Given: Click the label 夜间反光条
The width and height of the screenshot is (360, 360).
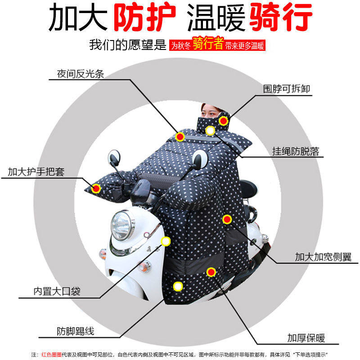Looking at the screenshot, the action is coord(81,74).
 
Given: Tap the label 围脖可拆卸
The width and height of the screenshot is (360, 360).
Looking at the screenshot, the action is coord(287,89).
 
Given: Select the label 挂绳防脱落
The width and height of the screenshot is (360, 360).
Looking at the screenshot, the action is coord(296,151).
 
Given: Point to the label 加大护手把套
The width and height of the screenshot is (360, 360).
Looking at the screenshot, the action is coord(36,172).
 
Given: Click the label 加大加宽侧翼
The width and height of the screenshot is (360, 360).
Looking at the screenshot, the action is coord(323,257).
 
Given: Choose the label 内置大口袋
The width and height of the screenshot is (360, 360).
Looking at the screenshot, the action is coord(57,291).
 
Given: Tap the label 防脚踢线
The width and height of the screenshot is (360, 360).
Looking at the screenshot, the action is coord(76,331).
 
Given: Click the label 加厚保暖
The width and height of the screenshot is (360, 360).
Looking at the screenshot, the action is coord(306,338).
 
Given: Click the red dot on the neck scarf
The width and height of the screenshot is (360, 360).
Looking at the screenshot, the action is coord(223,121).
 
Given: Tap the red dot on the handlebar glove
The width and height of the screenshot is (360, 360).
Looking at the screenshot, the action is coord(96,189).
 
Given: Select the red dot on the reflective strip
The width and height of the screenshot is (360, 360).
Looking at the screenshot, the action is coord(180,137).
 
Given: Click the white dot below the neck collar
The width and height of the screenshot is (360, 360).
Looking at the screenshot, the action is coord(210,130).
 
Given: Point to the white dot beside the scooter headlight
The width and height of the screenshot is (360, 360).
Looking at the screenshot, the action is coord(166,241).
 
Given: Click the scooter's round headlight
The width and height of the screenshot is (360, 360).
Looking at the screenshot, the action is coord(121,226).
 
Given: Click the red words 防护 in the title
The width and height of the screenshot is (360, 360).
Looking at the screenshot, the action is coord(144,17).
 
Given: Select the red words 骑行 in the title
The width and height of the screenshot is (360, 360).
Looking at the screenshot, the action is coord(281,17).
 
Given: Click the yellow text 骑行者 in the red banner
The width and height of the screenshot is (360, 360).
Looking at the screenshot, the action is coord(208,43).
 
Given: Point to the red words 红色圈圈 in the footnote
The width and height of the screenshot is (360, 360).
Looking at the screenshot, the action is coord(52,355).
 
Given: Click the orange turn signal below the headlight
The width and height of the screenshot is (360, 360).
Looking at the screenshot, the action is coord(144,266).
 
